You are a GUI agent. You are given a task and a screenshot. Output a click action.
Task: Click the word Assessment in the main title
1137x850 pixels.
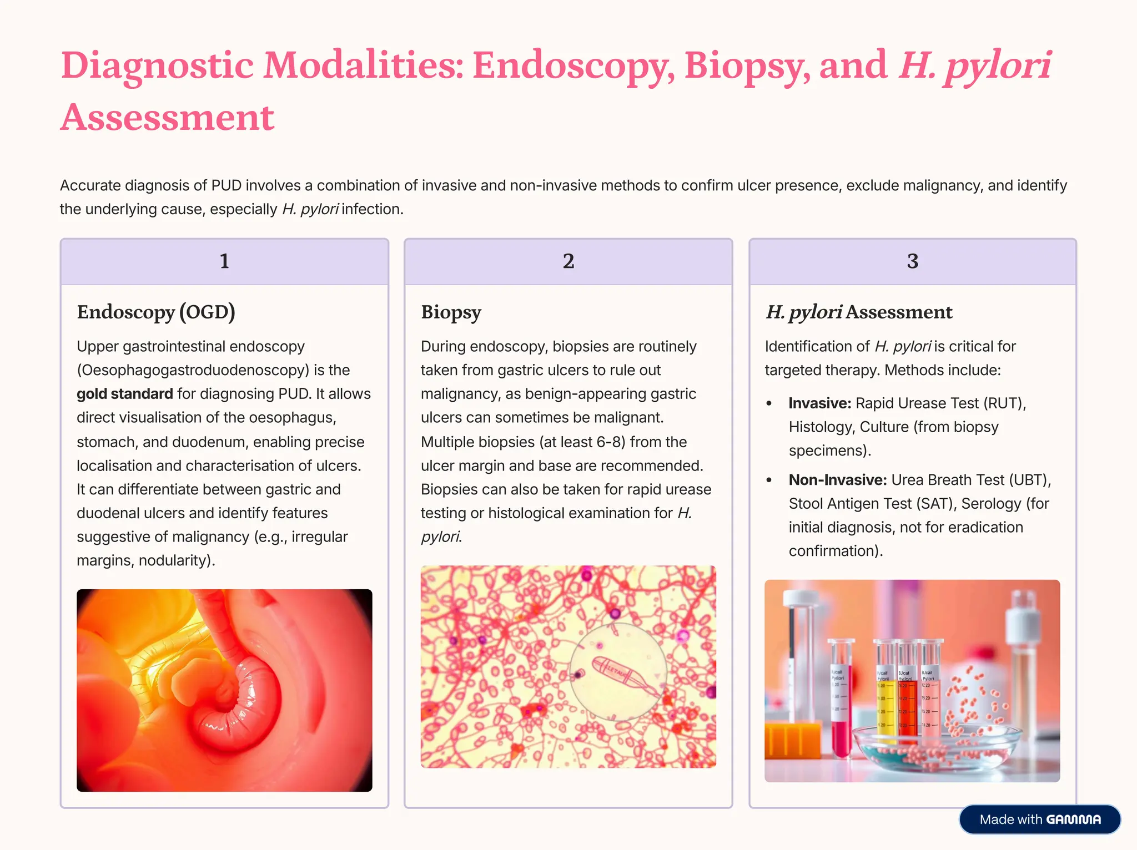(167, 118)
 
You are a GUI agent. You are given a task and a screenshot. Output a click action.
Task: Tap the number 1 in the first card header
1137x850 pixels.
(224, 261)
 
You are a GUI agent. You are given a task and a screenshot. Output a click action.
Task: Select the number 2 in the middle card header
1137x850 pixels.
(568, 261)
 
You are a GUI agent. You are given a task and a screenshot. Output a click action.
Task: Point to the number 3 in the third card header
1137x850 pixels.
(912, 261)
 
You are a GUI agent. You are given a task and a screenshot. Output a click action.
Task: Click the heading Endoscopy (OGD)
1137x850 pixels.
(156, 312)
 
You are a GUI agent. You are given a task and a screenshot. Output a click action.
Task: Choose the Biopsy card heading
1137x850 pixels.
(451, 312)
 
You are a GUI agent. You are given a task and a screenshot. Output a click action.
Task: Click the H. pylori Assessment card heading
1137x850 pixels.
(859, 312)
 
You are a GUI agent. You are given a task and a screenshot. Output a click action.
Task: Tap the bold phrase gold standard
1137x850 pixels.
(125, 394)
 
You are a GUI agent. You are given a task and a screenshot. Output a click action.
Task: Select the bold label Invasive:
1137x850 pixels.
(819, 403)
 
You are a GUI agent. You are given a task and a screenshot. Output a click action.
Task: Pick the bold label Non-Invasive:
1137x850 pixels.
(837, 480)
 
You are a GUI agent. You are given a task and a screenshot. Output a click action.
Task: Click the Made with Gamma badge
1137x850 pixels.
(1039, 819)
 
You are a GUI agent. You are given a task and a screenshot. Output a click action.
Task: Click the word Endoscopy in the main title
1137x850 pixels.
(573, 65)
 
